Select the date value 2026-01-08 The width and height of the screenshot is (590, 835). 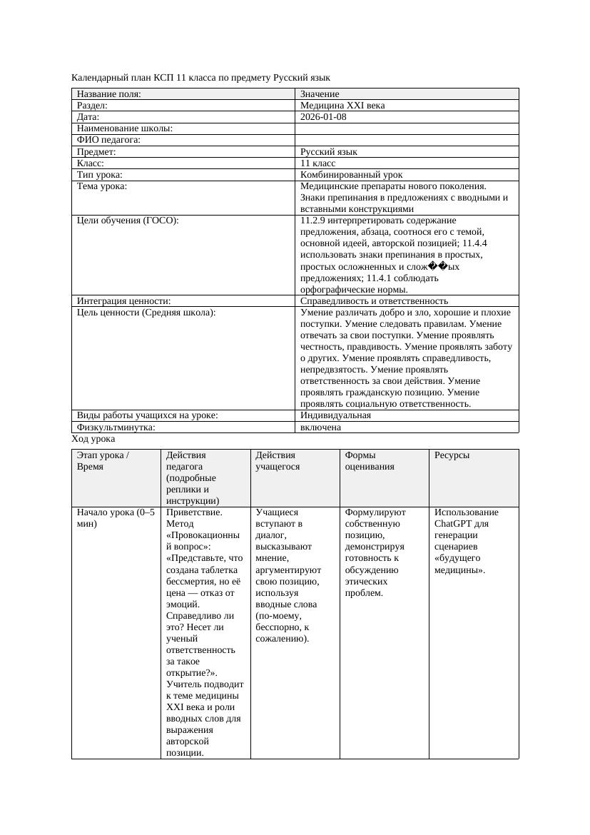[x=323, y=116]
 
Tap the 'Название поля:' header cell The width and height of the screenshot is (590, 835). [x=108, y=93]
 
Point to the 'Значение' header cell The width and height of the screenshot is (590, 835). [x=320, y=93]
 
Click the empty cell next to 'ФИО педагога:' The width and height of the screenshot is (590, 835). [x=407, y=140]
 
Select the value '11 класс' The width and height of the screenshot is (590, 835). [x=317, y=163]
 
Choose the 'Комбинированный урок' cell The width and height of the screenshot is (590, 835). [x=351, y=174]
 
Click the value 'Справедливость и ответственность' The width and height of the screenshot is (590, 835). [x=374, y=301]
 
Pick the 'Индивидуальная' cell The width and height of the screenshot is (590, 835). [x=335, y=415]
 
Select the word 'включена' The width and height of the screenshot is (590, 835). [x=320, y=427]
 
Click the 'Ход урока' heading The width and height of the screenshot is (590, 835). [x=93, y=439]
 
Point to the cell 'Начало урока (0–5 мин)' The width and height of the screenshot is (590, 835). [x=115, y=517]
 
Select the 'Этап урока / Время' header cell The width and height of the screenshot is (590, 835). [x=103, y=460]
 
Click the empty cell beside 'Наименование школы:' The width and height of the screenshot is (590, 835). [x=407, y=128]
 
